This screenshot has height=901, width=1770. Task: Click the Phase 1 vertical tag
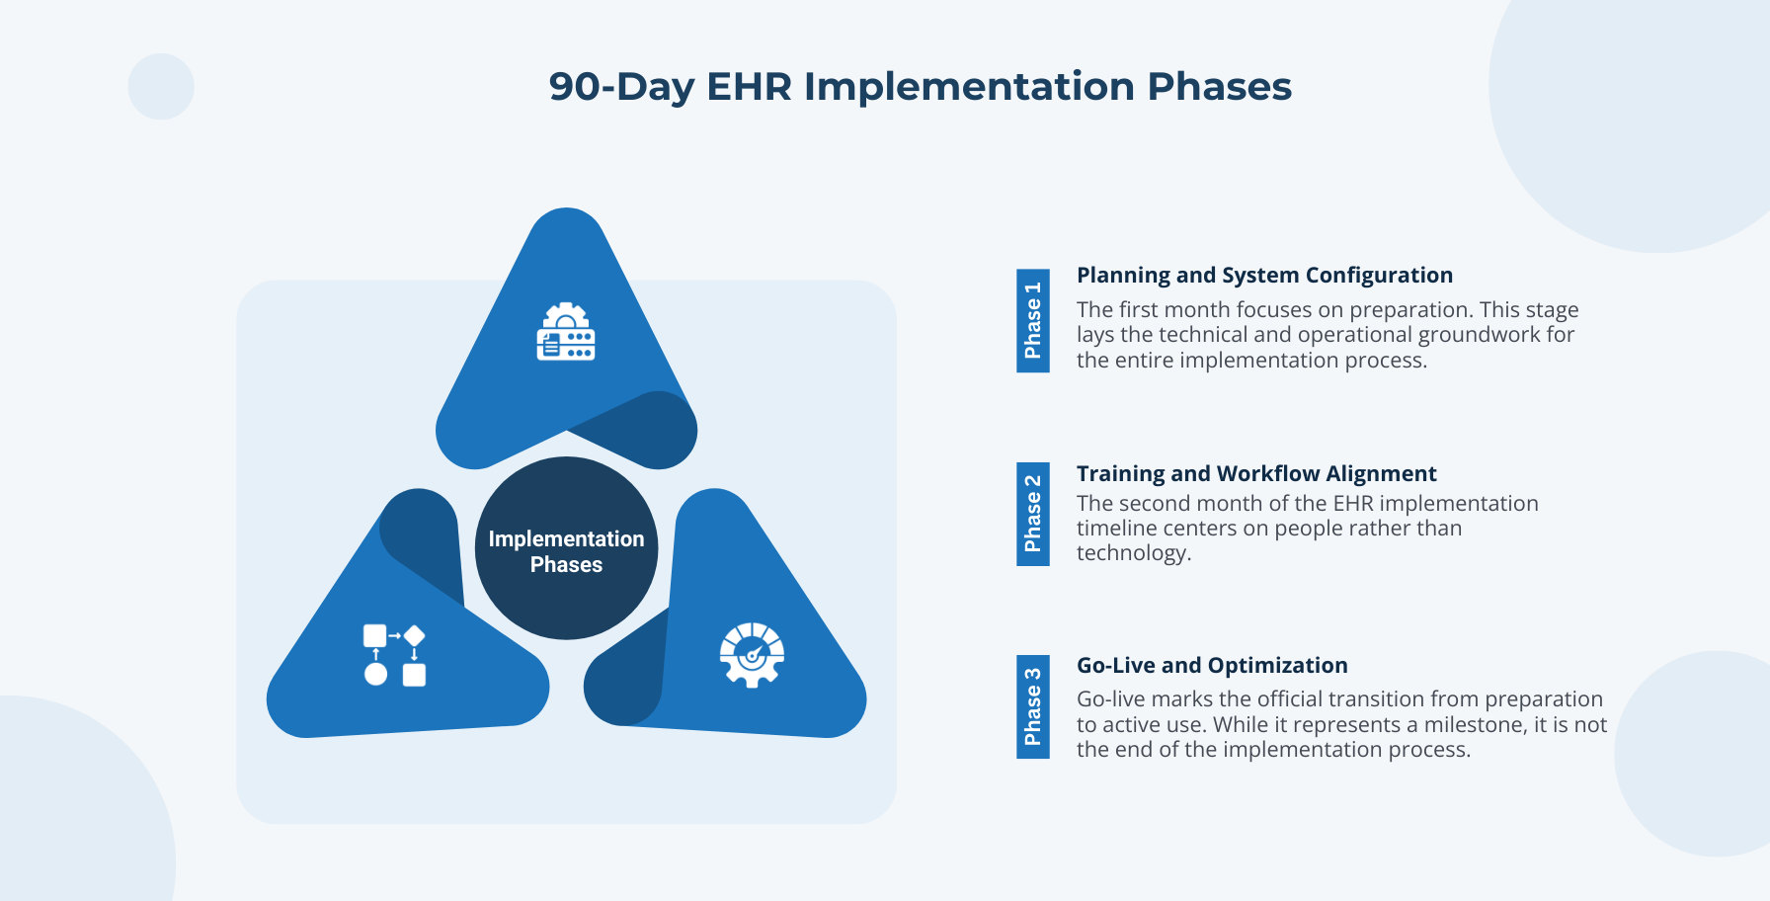coord(1032,320)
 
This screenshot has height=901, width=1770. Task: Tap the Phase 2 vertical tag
coord(1032,514)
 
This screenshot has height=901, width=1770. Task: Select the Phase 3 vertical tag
coord(1032,706)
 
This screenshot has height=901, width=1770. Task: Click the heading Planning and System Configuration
coord(1264,275)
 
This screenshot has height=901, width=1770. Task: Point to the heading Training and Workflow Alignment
coord(1255,474)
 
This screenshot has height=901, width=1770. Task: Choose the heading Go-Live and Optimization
coord(1212,665)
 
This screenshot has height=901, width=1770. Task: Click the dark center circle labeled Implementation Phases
coord(566,548)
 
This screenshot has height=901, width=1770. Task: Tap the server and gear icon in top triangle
coord(566,332)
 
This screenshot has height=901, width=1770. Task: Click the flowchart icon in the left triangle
coord(394,654)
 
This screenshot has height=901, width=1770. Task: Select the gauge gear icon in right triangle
coord(752,654)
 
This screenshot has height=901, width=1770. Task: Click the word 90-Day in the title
coord(621,87)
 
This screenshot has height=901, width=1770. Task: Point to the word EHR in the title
coord(749,87)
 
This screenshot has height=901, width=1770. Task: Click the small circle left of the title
coord(161,87)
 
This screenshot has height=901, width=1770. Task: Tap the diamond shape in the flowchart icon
coord(414,635)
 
